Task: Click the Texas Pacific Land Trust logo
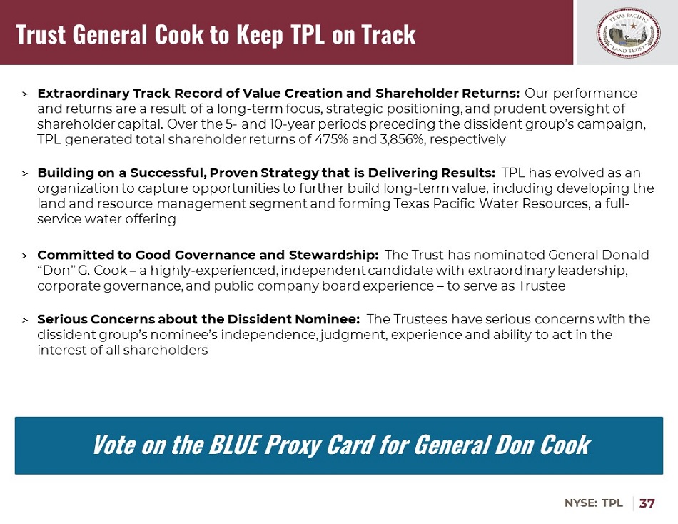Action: [x=628, y=32]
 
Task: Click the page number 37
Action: [x=647, y=503]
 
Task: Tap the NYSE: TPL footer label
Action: [x=593, y=503]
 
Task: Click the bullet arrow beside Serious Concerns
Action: [x=25, y=321]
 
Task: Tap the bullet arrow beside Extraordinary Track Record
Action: [x=25, y=94]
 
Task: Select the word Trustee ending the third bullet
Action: [x=542, y=286]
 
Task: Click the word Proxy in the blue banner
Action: [x=293, y=445]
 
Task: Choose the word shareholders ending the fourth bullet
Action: [x=166, y=350]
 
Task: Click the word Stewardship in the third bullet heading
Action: [x=333, y=256]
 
